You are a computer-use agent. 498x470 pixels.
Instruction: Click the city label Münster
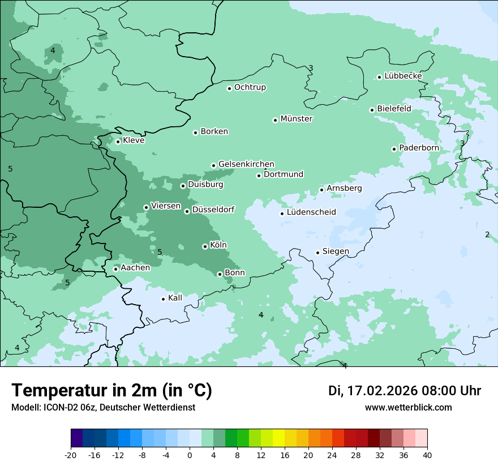pyautogui.click(x=296, y=119)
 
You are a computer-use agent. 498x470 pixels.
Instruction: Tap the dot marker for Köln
pyautogui.click(x=205, y=246)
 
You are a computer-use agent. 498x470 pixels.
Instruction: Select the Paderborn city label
pyautogui.click(x=419, y=148)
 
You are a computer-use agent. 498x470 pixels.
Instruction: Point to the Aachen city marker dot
pyautogui.click(x=115, y=269)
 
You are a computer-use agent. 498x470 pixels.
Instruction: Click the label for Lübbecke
pyautogui.click(x=403, y=76)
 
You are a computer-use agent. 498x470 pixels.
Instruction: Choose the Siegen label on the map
pyautogui.click(x=336, y=251)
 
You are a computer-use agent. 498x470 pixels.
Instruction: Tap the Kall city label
pyautogui.click(x=175, y=298)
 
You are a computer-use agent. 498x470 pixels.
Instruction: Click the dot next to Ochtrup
pyautogui.click(x=229, y=88)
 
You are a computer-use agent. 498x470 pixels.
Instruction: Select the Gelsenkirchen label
pyautogui.click(x=246, y=164)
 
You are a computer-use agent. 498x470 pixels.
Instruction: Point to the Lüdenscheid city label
pyautogui.click(x=311, y=212)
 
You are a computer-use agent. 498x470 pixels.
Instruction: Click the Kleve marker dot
pyautogui.click(x=118, y=142)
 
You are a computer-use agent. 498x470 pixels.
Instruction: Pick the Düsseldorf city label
pyautogui.click(x=213, y=210)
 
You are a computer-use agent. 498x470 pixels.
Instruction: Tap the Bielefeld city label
pyautogui.click(x=394, y=109)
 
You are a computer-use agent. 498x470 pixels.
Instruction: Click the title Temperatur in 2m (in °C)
pyautogui.click(x=112, y=391)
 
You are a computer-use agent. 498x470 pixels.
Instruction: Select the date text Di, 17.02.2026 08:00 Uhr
pyautogui.click(x=405, y=391)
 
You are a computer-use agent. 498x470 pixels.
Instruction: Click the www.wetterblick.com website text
pyautogui.click(x=408, y=407)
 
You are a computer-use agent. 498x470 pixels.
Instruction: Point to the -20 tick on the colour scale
pyautogui.click(x=71, y=455)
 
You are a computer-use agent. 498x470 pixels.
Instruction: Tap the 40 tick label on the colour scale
pyautogui.click(x=427, y=455)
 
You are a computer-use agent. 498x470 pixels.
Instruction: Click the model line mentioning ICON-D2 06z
pyautogui.click(x=103, y=407)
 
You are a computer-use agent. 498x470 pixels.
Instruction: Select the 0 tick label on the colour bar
pyautogui.click(x=190, y=455)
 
